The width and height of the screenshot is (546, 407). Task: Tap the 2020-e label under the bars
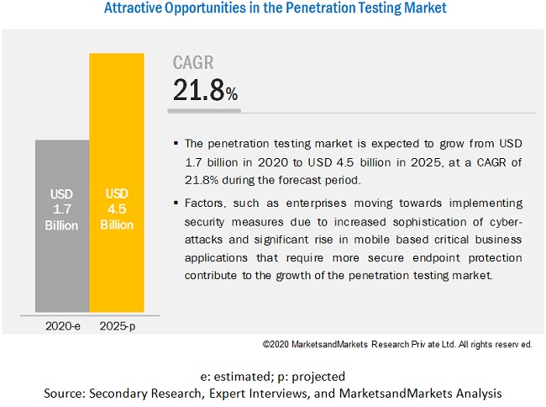(x=63, y=325)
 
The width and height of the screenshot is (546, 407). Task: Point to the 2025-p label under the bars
(x=117, y=325)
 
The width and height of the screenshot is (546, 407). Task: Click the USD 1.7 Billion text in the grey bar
(x=62, y=210)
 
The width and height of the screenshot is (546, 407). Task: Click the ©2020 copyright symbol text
(x=278, y=344)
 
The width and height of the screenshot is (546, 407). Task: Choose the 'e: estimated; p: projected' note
(x=273, y=376)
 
